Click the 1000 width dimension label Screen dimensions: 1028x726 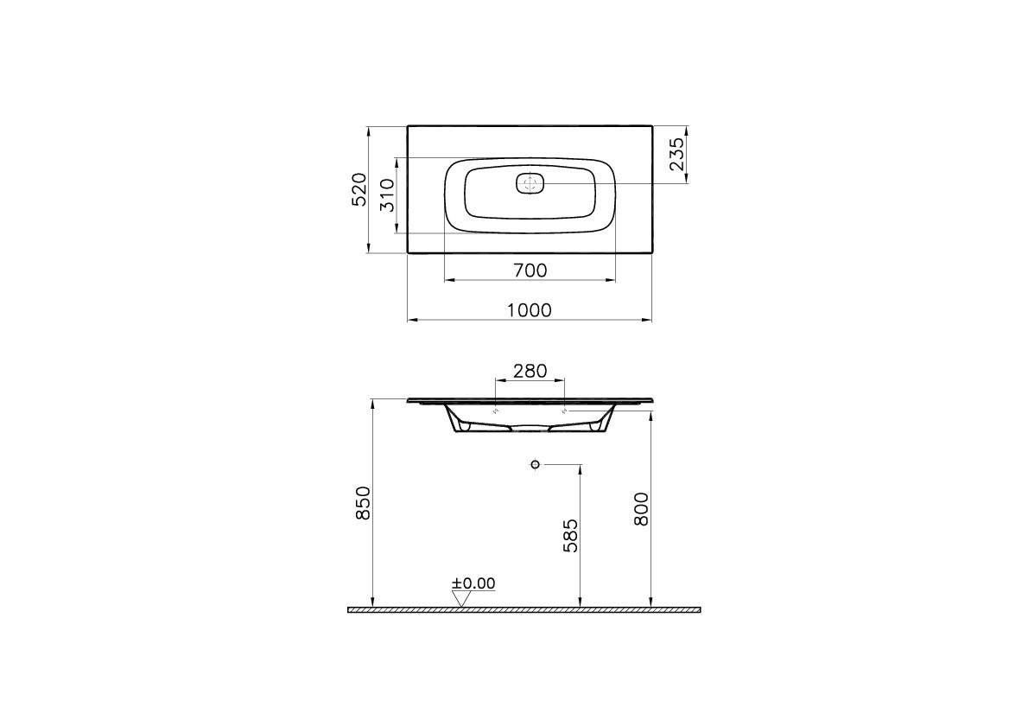coord(530,309)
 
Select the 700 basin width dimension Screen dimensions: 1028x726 coord(530,270)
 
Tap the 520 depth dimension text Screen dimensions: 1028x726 coord(359,189)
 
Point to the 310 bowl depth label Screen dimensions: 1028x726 coord(388,195)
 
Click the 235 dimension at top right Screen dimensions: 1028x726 coord(676,155)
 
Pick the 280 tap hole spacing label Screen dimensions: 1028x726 coord(530,371)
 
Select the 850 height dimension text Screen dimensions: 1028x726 coord(363,503)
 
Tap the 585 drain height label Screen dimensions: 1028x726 coord(570,536)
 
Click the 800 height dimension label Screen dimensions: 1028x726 coord(641,508)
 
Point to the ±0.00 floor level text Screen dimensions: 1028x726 coord(473,583)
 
